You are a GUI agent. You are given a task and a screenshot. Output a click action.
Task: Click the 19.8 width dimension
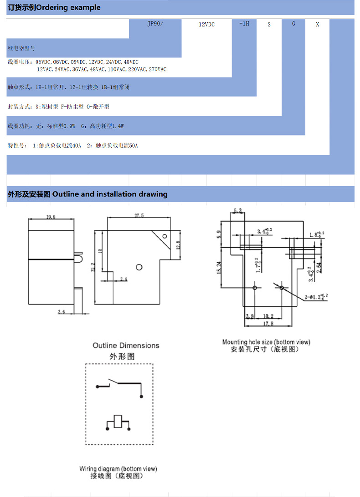tap(51, 217)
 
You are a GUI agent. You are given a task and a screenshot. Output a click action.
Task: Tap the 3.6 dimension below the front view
tap(61, 311)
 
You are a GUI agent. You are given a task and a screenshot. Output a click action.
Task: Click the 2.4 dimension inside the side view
tap(123, 278)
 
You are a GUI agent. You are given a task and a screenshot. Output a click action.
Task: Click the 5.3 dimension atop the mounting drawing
tap(237, 211)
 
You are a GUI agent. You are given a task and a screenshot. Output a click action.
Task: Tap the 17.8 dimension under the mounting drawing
tap(268, 323)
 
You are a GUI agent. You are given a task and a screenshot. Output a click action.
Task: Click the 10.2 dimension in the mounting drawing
tap(268, 316)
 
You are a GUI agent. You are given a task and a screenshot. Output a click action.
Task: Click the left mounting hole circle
tap(255, 288)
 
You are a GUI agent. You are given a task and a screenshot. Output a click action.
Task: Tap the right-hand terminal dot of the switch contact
tap(142, 396)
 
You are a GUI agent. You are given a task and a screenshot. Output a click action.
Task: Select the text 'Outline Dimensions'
tap(126, 345)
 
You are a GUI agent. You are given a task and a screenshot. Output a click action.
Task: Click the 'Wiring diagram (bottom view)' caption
tap(118, 468)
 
